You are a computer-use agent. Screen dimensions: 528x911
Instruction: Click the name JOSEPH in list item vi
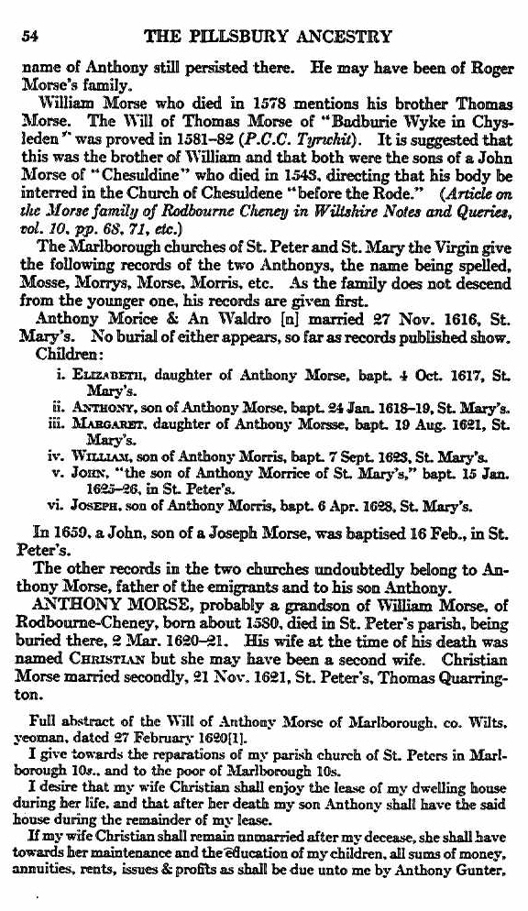click(x=101, y=505)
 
